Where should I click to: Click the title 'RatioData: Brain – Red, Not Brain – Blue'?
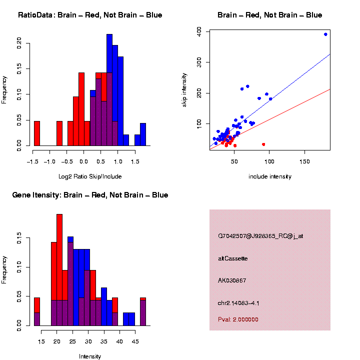(x=90, y=15)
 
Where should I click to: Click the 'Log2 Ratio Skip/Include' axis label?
(x=89, y=176)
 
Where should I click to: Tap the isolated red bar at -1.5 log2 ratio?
(x=36, y=133)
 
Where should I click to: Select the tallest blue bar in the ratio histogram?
(x=109, y=90)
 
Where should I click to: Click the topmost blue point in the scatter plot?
(x=325, y=34)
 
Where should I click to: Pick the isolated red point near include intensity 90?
(x=263, y=144)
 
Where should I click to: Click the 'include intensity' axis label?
(x=269, y=176)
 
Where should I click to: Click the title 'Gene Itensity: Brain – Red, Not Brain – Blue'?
(x=90, y=195)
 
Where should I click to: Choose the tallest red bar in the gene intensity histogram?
(x=59, y=270)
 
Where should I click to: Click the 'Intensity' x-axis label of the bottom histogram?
(x=90, y=356)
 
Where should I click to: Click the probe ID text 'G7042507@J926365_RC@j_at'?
(x=260, y=236)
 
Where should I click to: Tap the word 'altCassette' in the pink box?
(x=233, y=258)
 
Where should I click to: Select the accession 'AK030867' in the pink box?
(x=232, y=280)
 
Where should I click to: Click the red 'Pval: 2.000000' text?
(x=238, y=319)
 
